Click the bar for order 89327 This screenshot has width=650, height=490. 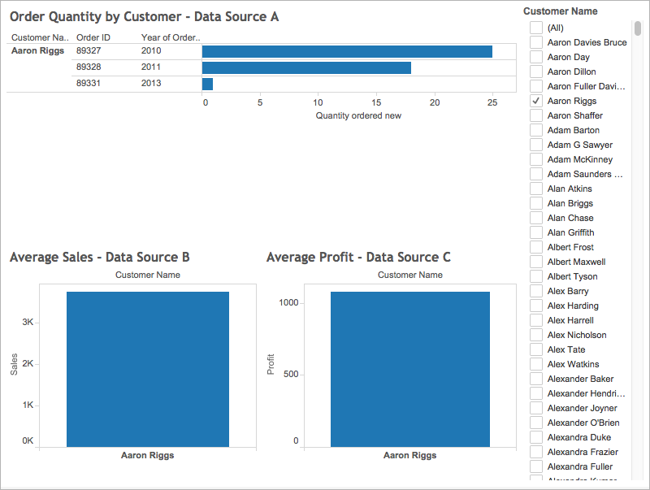347,51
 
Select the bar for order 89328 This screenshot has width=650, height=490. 306,67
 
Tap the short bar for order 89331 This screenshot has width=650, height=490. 207,84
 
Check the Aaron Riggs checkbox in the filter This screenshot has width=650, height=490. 536,101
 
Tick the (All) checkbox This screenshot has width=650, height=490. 536,28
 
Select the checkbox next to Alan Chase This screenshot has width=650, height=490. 536,218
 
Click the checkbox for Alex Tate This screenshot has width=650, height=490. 536,349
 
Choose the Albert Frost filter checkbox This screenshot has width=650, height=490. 536,247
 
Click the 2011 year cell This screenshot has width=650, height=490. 151,67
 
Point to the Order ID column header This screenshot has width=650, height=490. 93,37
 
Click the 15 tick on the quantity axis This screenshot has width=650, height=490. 376,103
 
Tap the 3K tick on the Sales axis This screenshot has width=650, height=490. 28,323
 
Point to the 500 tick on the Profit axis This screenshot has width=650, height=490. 290,375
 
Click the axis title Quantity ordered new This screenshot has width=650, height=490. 357,115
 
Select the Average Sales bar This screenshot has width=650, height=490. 148,369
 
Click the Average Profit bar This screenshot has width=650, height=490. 410,369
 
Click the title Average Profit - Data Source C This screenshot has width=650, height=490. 358,257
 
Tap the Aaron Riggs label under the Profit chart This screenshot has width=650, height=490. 410,455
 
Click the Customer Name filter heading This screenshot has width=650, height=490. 560,11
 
